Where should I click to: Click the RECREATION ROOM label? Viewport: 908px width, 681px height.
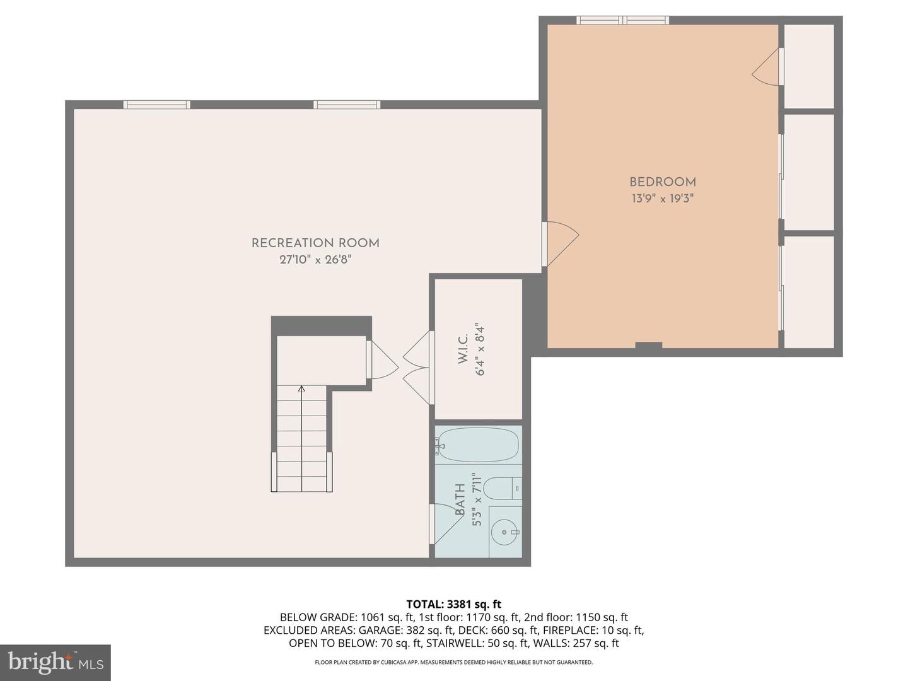point(315,243)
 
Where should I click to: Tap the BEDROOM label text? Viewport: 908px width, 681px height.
point(662,182)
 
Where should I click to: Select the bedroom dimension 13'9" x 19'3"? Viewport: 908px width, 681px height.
point(662,199)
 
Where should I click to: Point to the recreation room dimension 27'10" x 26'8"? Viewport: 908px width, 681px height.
point(315,259)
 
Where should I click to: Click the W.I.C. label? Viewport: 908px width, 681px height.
point(463,349)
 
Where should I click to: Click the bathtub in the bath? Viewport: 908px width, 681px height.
point(478,445)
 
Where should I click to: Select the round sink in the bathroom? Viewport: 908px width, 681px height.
point(504,532)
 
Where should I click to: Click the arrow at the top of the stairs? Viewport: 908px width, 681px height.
point(301,389)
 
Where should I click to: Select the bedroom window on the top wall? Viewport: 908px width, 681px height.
point(622,20)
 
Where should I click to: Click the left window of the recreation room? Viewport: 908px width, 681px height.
point(156,105)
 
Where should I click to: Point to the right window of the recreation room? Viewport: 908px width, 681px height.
point(347,105)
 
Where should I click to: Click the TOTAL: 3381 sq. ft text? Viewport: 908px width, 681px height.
point(453,605)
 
